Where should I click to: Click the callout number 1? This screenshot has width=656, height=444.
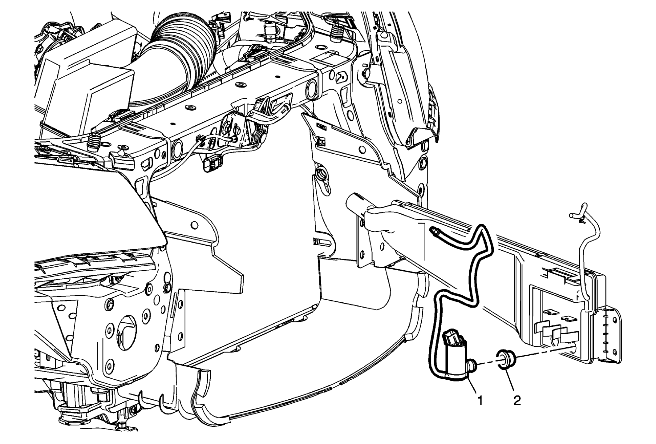[480, 401]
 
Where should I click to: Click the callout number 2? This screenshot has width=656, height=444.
[517, 401]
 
